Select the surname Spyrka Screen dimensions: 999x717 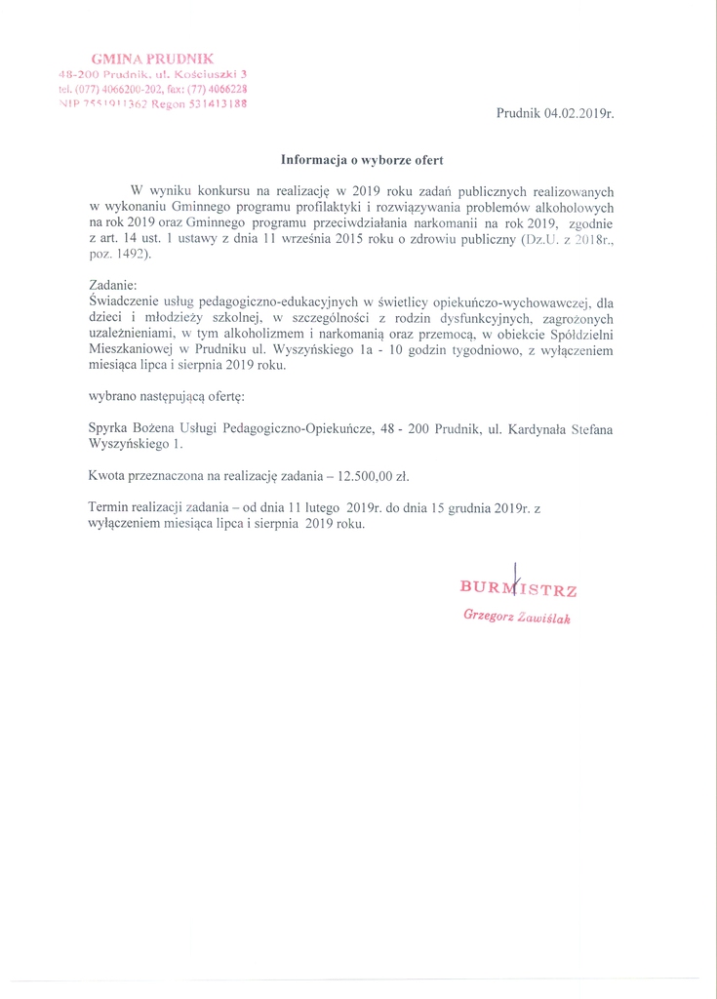click(107, 427)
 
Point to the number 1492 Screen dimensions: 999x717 click(133, 254)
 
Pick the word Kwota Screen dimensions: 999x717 click(106, 475)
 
